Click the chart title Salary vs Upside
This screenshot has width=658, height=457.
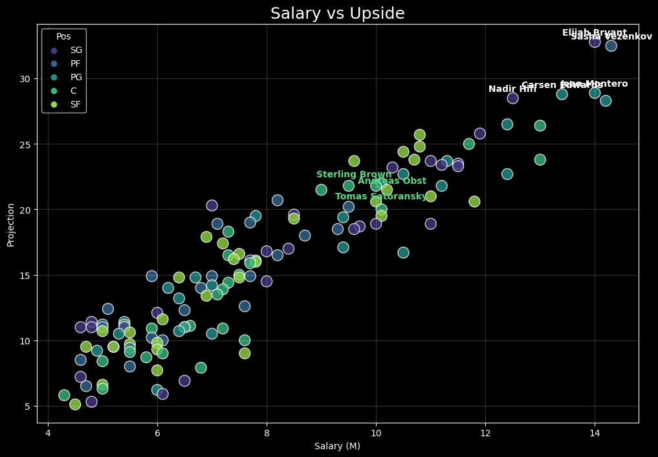337,14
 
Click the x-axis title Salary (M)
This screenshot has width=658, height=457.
337,446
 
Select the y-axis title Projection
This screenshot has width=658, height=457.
10,224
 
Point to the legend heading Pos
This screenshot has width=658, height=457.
63,37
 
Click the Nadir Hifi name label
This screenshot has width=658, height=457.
512,89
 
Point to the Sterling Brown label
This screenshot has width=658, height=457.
354,175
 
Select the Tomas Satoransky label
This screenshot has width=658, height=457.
381,197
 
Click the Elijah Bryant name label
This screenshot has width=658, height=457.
594,33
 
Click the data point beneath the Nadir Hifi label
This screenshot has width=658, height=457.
512,98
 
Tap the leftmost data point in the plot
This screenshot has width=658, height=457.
64,395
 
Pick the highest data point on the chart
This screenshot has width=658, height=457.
595,42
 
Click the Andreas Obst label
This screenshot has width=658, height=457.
392,181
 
